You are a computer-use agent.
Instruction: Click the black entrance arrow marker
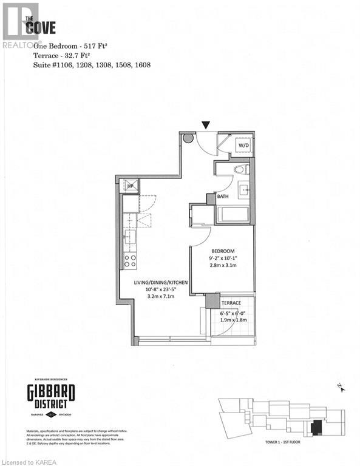(x=207, y=125)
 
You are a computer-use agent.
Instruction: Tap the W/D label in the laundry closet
(x=243, y=146)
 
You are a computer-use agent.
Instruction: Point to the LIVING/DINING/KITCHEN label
(x=160, y=282)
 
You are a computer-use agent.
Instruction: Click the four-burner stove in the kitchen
(x=130, y=261)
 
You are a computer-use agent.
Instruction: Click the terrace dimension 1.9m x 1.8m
(x=231, y=320)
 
